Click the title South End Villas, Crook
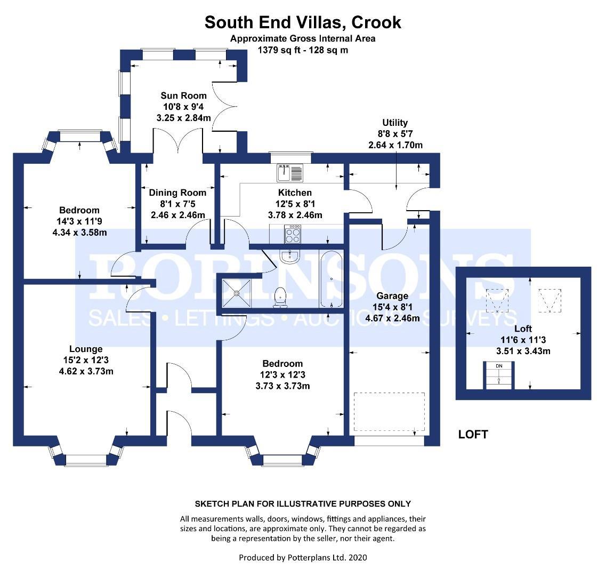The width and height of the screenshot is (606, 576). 303,22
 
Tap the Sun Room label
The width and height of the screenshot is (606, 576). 183,96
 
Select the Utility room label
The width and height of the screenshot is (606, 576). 395,123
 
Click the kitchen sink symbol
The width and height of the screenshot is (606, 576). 289,172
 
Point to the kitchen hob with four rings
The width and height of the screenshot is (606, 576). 294,234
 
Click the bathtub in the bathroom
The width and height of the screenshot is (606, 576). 331,279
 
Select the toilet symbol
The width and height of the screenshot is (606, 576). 280,297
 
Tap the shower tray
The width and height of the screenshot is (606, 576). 238,291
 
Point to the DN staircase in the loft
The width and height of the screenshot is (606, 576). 498,375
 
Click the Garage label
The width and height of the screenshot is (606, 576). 392,296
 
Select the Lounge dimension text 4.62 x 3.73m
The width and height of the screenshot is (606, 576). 89,372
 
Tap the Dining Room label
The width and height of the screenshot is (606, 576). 177,193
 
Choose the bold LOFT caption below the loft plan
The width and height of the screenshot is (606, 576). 473,435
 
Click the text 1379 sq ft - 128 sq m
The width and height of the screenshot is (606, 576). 303,50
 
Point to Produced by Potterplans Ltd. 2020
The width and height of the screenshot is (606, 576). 303,557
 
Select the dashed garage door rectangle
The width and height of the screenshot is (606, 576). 389,413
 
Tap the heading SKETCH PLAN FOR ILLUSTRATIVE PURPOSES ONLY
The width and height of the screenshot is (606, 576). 303,503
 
